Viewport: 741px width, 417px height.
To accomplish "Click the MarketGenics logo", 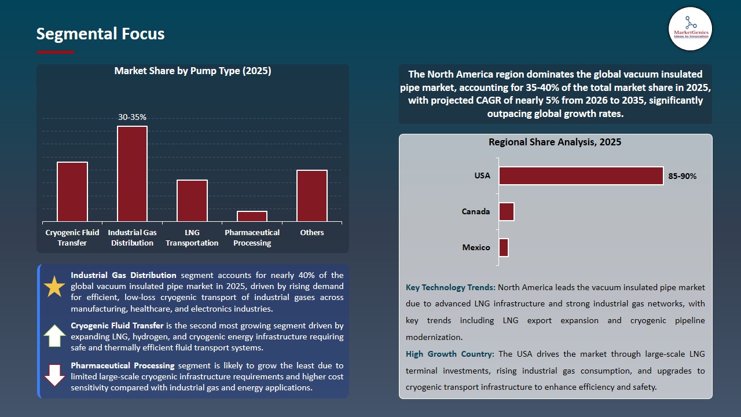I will pos(690,28).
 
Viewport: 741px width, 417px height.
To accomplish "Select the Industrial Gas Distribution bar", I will pos(132,174).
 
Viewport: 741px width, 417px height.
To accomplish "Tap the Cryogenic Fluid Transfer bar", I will pos(72,192).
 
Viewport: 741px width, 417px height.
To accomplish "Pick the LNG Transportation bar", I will pos(192,200).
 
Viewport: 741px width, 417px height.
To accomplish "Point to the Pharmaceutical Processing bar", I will pos(252,216).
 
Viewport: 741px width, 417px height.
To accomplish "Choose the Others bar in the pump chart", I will pos(312,196).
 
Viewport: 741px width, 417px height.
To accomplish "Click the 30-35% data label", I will pos(132,117).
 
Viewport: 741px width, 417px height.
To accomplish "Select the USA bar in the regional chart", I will pos(581,176).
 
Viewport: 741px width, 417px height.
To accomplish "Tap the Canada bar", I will pos(507,212).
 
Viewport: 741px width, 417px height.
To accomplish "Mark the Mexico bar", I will pos(504,247).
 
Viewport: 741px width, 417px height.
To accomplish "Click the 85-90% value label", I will pos(683,176).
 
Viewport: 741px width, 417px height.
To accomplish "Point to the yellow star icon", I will pos(55,287).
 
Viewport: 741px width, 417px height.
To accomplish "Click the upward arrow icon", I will pos(55,336).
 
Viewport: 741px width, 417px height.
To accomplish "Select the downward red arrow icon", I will pos(55,375).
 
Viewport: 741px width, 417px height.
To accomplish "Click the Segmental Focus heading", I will pos(100,34).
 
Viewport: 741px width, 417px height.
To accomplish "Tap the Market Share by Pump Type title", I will pos(193,71).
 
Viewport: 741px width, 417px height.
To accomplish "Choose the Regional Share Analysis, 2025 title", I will pos(555,142).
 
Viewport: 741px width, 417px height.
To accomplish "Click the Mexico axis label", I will pos(476,247).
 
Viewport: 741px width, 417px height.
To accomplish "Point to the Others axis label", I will pos(312,232).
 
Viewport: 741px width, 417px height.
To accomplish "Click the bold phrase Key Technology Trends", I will pos(450,287).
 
